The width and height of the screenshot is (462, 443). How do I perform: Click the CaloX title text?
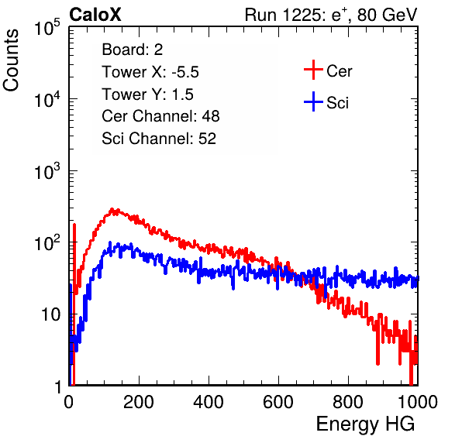(x=95, y=15)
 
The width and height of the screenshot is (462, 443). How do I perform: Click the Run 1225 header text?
(x=331, y=15)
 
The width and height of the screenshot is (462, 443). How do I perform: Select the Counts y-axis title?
(x=11, y=60)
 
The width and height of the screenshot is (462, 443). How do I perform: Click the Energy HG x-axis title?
(x=365, y=424)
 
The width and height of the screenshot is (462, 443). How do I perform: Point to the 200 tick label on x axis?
(x=139, y=402)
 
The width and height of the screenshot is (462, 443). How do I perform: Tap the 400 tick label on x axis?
(x=209, y=402)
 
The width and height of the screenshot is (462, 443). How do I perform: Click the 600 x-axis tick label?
(x=278, y=402)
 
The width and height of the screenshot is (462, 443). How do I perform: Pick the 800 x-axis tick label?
(x=348, y=402)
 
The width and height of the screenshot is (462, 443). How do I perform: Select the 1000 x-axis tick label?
(x=418, y=402)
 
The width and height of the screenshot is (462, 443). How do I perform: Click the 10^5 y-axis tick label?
(x=47, y=28)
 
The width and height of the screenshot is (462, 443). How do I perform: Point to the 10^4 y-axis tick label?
(x=47, y=99)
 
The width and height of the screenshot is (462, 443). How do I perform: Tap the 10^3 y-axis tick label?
(x=47, y=171)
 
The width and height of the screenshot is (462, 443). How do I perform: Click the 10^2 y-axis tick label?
(x=47, y=242)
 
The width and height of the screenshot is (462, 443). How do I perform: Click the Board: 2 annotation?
(x=133, y=50)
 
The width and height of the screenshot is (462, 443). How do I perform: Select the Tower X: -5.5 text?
(x=150, y=71)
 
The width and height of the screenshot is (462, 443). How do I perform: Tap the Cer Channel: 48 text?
(x=160, y=116)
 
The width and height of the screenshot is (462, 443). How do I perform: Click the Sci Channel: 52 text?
(x=159, y=139)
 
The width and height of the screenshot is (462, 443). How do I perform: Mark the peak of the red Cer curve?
(x=112, y=209)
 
